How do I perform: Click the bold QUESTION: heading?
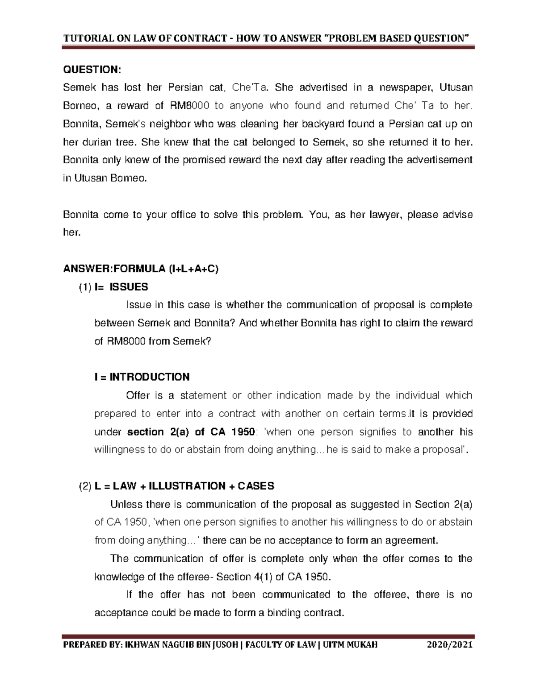pyautogui.click(x=92, y=70)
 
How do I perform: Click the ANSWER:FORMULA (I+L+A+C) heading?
pyautogui.click(x=141, y=269)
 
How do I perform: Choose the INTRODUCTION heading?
pyautogui.click(x=142, y=377)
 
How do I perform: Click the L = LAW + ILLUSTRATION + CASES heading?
pyautogui.click(x=184, y=486)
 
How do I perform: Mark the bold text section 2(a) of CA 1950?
pyautogui.click(x=191, y=432)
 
